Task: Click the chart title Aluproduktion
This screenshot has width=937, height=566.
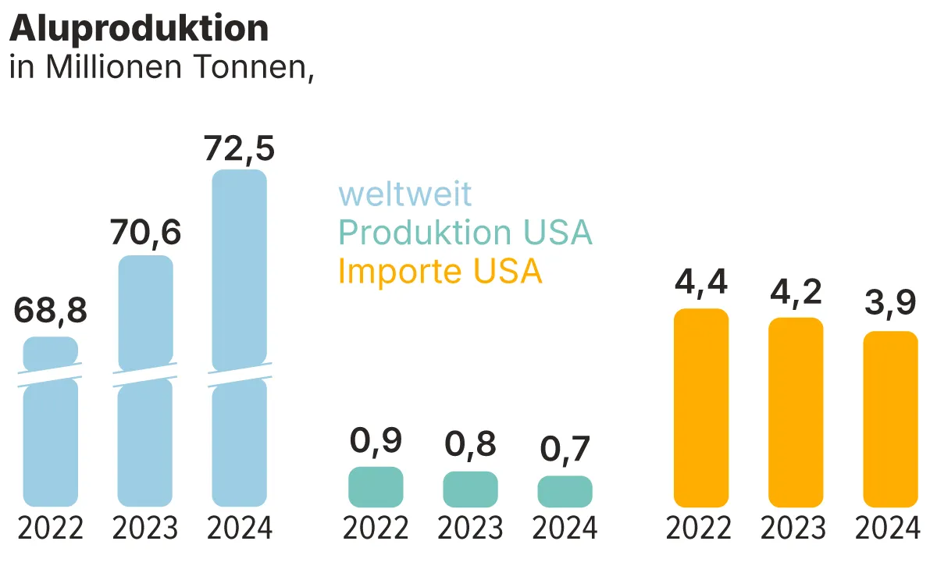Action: [x=139, y=29]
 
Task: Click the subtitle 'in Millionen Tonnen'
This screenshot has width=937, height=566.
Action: [x=161, y=69]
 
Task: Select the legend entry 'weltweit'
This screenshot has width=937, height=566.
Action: [x=404, y=194]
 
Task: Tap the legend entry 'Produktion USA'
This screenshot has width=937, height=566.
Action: [x=465, y=233]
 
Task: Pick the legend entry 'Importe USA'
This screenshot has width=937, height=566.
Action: [x=440, y=272]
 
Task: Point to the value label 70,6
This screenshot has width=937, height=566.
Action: [x=145, y=233]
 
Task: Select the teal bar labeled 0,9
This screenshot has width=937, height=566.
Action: [x=376, y=487]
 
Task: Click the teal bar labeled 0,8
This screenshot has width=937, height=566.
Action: [x=470, y=489]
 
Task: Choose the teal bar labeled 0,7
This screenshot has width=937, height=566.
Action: [x=565, y=492]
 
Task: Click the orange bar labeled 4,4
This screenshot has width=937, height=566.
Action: [x=700, y=408]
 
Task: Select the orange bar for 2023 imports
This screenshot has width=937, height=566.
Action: [x=796, y=412]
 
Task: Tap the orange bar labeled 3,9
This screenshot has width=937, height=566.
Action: [x=890, y=418]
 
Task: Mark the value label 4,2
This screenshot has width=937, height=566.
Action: [x=796, y=294]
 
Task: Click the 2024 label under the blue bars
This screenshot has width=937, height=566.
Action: [x=240, y=529]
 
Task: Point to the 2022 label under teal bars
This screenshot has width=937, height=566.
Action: [x=376, y=529]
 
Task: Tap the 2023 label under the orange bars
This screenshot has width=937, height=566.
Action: [x=796, y=529]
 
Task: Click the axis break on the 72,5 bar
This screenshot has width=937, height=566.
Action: [x=240, y=375]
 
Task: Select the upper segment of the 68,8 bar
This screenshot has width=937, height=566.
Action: [x=51, y=353]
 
